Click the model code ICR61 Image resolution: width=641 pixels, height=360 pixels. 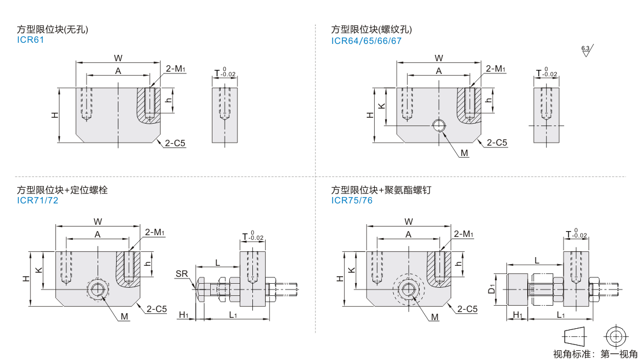[x=31, y=40]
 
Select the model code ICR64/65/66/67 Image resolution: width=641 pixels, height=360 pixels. [x=366, y=40]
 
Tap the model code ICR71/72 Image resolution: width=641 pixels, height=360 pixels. [x=38, y=201]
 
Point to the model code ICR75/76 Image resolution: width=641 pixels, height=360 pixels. [x=352, y=201]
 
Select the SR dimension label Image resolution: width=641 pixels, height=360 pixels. [x=181, y=273]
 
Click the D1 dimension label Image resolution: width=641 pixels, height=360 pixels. [x=492, y=287]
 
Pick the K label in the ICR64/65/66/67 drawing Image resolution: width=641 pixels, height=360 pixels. [x=381, y=107]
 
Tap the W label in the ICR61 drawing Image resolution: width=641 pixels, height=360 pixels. [x=118, y=58]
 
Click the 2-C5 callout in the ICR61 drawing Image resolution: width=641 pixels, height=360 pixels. [x=176, y=143]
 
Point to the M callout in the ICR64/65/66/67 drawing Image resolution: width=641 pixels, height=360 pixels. [x=464, y=153]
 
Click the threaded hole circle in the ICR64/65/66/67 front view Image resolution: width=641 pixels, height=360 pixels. [x=439, y=126]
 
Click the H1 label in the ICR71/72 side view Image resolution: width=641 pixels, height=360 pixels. [x=184, y=315]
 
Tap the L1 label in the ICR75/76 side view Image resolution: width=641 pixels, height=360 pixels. [x=561, y=315]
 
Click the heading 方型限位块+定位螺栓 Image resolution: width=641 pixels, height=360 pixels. [x=62, y=190]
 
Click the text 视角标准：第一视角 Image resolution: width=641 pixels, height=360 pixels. [x=595, y=354]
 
